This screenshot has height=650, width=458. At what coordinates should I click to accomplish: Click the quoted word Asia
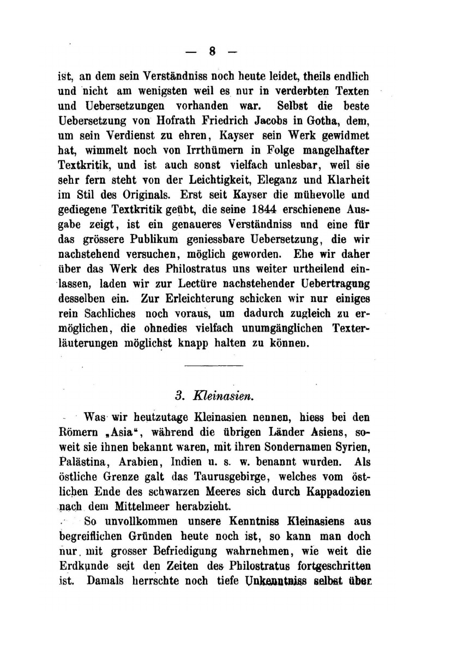click(x=115, y=432)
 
